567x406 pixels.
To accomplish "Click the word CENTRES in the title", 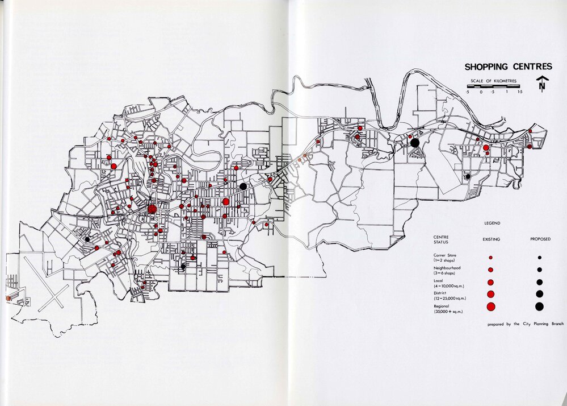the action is (x=531, y=67).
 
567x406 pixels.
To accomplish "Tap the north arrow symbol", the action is (x=542, y=84).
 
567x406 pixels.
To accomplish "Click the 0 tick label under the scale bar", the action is (x=481, y=92).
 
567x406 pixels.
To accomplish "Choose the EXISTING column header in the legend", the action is (x=491, y=239).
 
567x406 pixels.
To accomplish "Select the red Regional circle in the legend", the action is (x=491, y=306).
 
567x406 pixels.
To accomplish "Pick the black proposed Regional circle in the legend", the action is (x=539, y=306).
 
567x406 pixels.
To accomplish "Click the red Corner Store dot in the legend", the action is (x=490, y=258).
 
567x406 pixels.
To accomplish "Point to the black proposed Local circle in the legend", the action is (x=539, y=282).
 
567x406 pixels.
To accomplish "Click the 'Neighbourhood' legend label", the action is (x=448, y=268).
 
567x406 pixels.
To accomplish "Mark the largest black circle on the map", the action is (x=415, y=143).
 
